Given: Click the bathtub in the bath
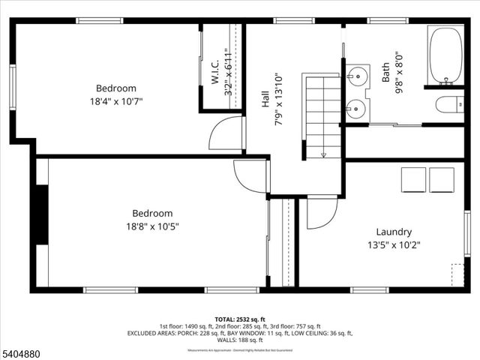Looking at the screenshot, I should point(445,56).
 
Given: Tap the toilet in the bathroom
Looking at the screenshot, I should point(451,104).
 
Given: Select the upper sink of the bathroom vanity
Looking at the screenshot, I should point(358,76).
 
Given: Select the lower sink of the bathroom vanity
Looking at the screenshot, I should point(357,110).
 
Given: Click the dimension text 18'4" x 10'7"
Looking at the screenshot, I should point(115,100).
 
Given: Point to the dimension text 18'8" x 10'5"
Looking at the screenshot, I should point(152,226).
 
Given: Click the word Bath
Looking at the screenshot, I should point(385,72).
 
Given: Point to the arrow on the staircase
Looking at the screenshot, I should point(323,154).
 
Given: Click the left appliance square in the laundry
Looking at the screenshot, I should point(413,180).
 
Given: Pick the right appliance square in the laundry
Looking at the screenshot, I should point(442,180).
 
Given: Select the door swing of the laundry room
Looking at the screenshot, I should point(321,213).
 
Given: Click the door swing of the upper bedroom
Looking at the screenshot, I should point(226,134).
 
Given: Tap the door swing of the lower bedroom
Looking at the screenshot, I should point(250,176).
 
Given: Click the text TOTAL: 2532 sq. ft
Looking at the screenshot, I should point(239,319).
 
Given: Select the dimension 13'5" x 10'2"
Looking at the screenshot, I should point(394,244).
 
